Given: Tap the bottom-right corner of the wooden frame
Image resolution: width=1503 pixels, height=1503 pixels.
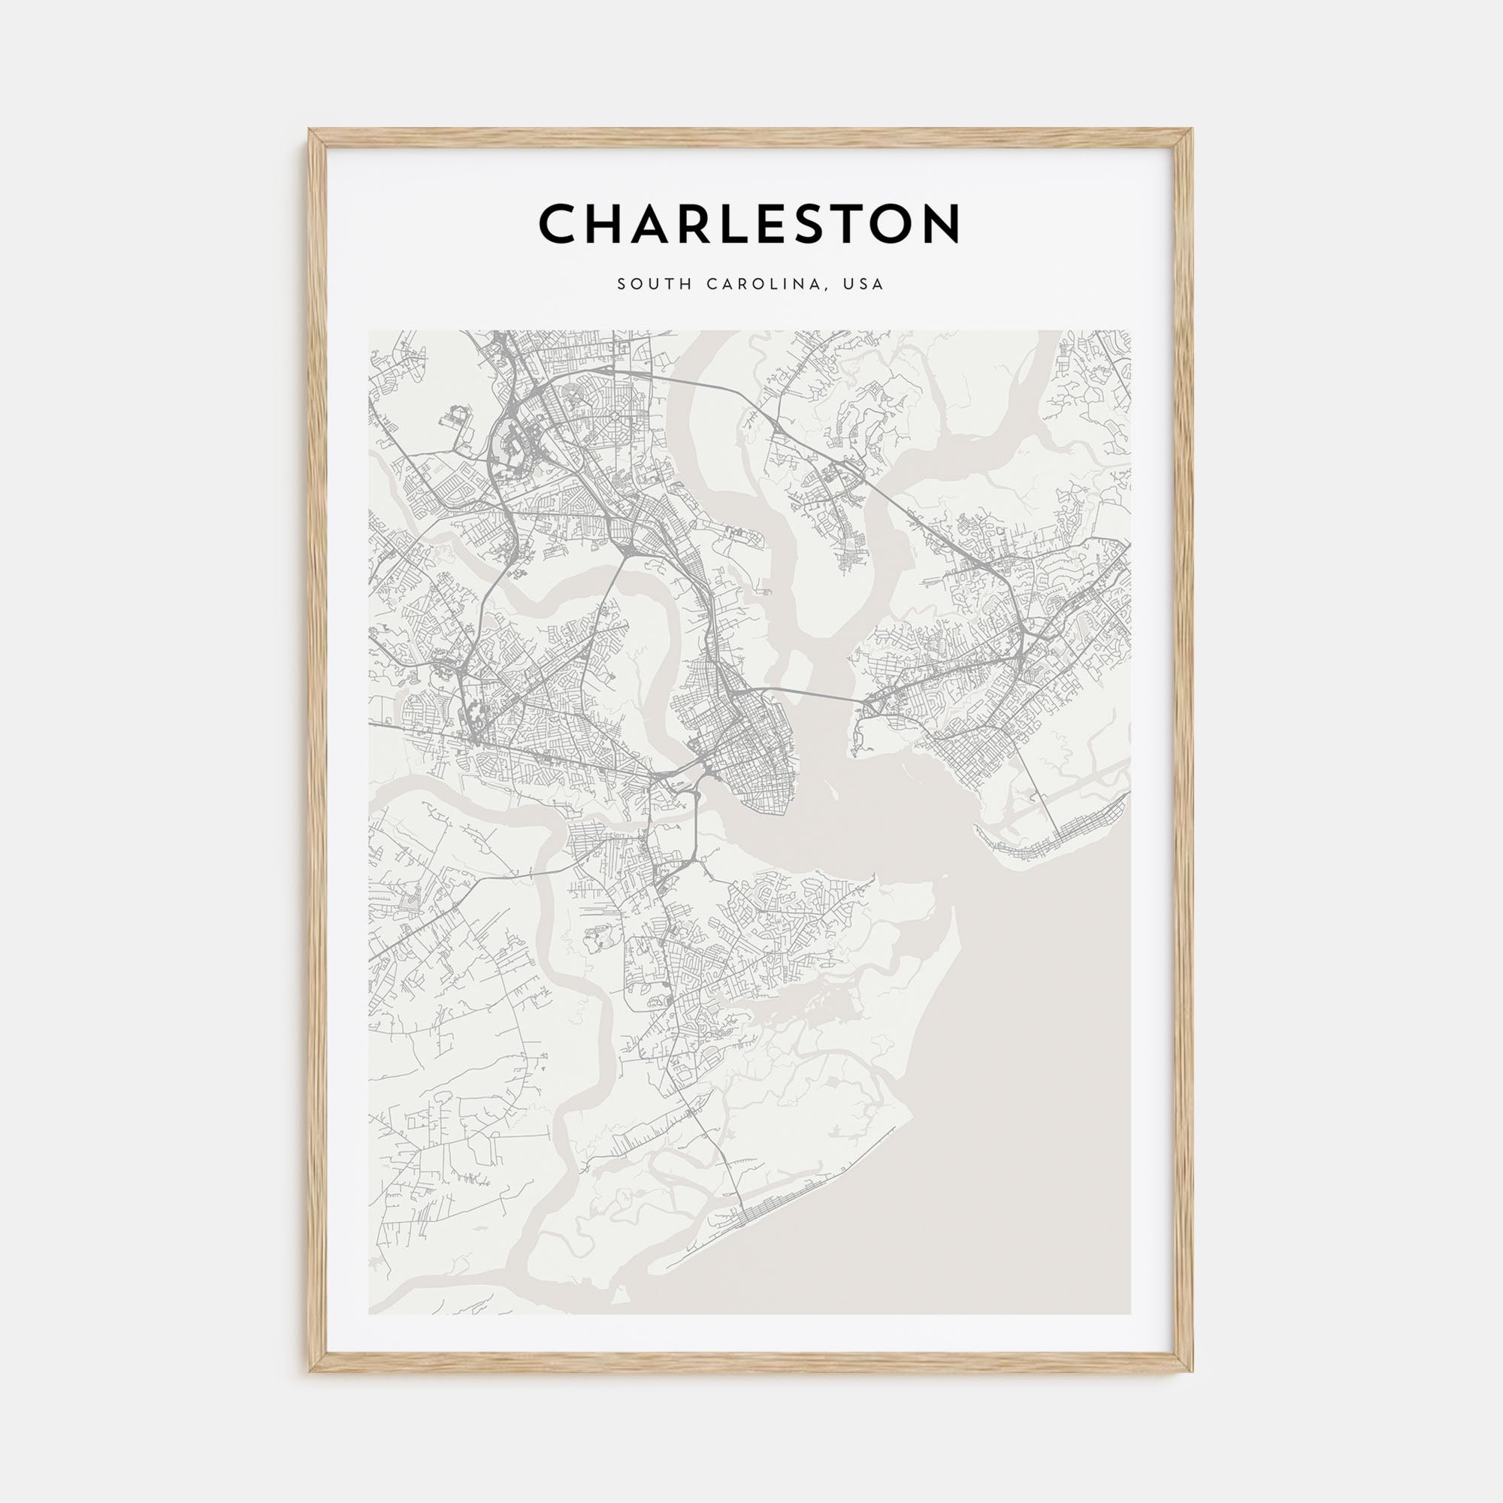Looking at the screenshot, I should click(1191, 1370).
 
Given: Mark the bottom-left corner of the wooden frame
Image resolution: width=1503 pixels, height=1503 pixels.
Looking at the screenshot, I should click(310, 1370).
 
